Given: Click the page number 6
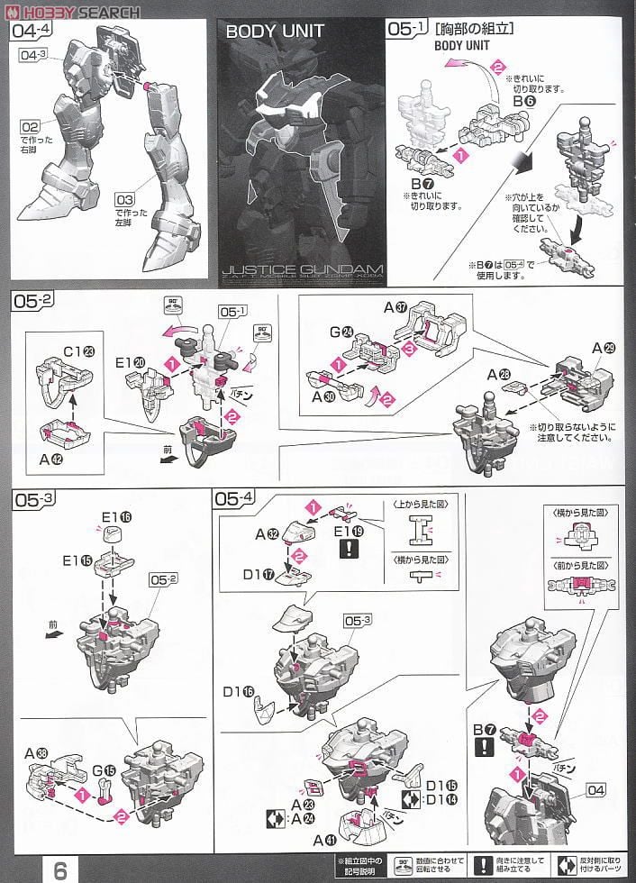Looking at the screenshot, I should pyautogui.click(x=59, y=869).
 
